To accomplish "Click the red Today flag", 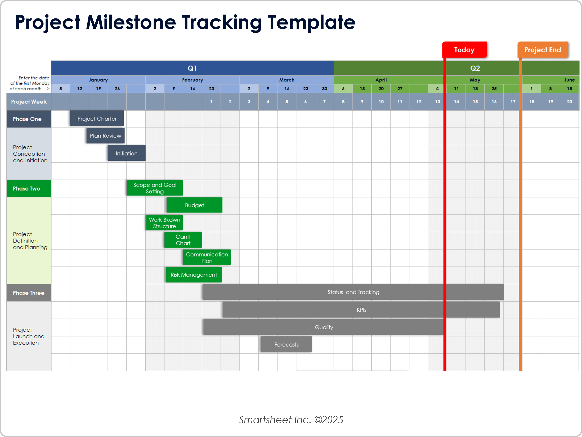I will point(464,50).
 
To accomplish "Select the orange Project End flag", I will point(543,50).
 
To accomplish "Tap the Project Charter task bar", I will point(97,119).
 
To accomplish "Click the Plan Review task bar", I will point(105,136).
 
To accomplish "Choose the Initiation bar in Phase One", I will point(127,153).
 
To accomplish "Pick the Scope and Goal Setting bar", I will point(155,188).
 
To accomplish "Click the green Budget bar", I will point(194,205).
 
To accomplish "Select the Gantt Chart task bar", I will point(183,240).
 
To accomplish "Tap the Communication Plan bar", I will point(207,257).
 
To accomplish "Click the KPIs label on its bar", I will point(361,310).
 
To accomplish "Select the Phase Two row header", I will point(27,189).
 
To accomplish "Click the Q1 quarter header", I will point(192,68).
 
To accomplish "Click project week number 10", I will point(381,101).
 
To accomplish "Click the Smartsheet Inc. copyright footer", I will point(291,420).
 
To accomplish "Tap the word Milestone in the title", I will point(131,22).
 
